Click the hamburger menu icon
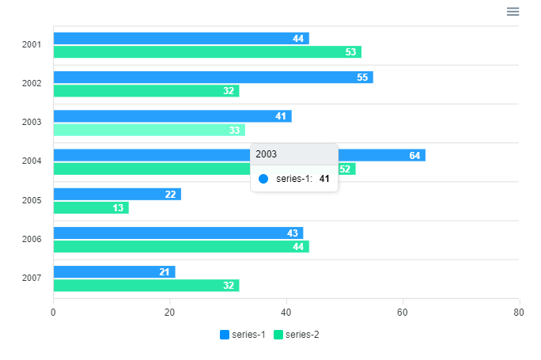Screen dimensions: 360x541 click(513, 11)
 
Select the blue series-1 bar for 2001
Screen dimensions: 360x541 click(180, 39)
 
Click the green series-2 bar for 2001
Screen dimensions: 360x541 click(206, 52)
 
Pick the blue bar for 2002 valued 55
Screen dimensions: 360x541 click(213, 78)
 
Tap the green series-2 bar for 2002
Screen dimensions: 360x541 click(146, 91)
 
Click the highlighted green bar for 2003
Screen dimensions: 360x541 click(149, 130)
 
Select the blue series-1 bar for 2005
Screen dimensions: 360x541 click(116, 195)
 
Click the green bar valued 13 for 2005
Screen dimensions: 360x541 click(90, 208)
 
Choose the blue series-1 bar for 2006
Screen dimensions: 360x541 click(178, 233)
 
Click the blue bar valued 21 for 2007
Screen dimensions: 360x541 click(114, 272)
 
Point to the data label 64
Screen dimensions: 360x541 click(414, 156)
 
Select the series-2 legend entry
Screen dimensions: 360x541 click(297, 335)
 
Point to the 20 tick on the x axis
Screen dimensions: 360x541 click(169, 313)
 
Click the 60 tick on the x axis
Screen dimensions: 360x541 click(403, 313)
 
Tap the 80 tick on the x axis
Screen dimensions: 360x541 click(518, 313)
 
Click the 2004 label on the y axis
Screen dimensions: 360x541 click(32, 161)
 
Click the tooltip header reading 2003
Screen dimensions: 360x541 click(293, 154)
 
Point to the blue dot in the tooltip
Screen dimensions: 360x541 click(263, 179)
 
